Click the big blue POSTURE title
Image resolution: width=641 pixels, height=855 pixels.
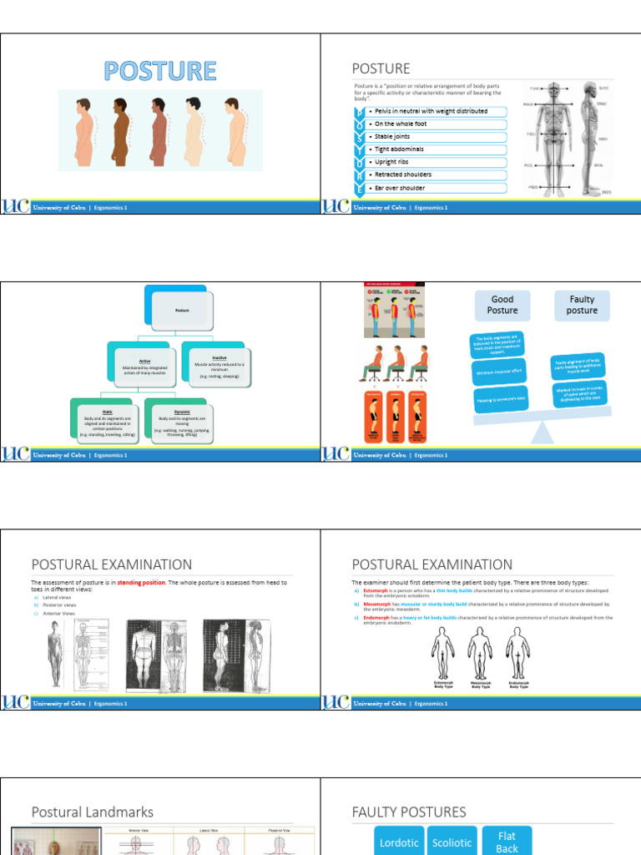(x=160, y=71)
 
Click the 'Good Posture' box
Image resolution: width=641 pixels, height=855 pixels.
(x=502, y=305)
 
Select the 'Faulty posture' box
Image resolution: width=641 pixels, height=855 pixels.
(x=582, y=305)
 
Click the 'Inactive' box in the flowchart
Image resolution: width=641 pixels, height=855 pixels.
(x=213, y=366)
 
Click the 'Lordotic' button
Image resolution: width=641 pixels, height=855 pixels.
(x=399, y=842)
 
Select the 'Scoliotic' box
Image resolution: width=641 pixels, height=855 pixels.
(x=452, y=842)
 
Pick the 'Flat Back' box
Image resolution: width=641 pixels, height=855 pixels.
(x=507, y=842)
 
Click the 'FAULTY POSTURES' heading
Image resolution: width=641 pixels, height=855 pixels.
(x=409, y=812)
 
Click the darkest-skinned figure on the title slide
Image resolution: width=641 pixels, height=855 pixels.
(x=121, y=131)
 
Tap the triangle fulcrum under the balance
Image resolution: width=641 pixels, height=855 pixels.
(x=542, y=433)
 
